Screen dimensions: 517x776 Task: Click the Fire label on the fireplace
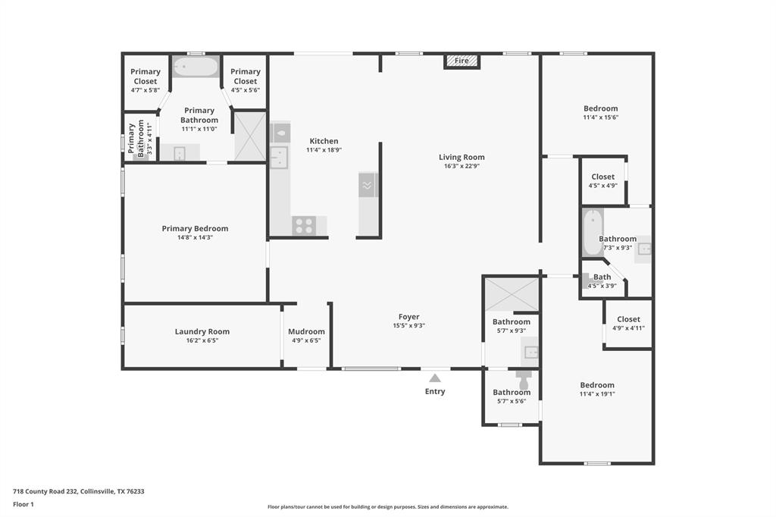point(462,61)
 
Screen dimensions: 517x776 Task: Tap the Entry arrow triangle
point(435,378)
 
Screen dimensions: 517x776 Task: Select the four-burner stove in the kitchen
point(304,226)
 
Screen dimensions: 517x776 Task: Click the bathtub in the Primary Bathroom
point(195,67)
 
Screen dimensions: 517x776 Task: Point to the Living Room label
point(461,157)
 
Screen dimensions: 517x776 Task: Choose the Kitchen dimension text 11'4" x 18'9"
point(324,150)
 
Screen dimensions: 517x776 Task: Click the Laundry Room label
point(202,331)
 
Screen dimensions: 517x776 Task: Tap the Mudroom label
point(306,331)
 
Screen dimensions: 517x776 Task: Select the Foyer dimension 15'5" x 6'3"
point(408,326)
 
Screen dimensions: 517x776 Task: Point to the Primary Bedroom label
point(195,228)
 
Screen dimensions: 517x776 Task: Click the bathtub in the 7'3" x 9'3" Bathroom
point(592,232)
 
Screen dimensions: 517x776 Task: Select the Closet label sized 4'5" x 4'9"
point(603,177)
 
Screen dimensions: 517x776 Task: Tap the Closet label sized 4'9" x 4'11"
point(628,319)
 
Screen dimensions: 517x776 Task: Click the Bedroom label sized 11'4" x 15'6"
point(600,108)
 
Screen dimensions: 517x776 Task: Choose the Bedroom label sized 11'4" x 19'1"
point(597,384)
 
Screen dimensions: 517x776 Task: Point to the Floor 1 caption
point(24,504)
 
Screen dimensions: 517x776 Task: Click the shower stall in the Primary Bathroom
point(249,136)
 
